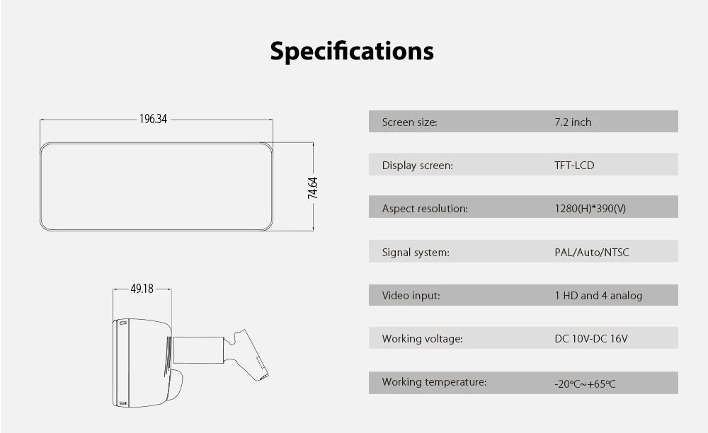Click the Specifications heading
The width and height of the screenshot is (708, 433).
(x=352, y=51)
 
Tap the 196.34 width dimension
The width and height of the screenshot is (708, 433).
(x=153, y=119)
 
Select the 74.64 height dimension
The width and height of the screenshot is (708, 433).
(x=312, y=187)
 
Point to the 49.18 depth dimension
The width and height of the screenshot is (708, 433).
(x=142, y=289)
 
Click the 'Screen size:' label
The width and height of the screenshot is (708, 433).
(x=409, y=122)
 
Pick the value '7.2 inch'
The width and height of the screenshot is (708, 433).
(x=573, y=122)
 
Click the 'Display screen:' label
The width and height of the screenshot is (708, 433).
(x=417, y=166)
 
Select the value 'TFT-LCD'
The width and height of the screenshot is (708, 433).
(x=574, y=166)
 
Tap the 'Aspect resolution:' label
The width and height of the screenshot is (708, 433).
(x=425, y=209)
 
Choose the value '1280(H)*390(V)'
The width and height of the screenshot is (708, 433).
(x=590, y=209)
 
